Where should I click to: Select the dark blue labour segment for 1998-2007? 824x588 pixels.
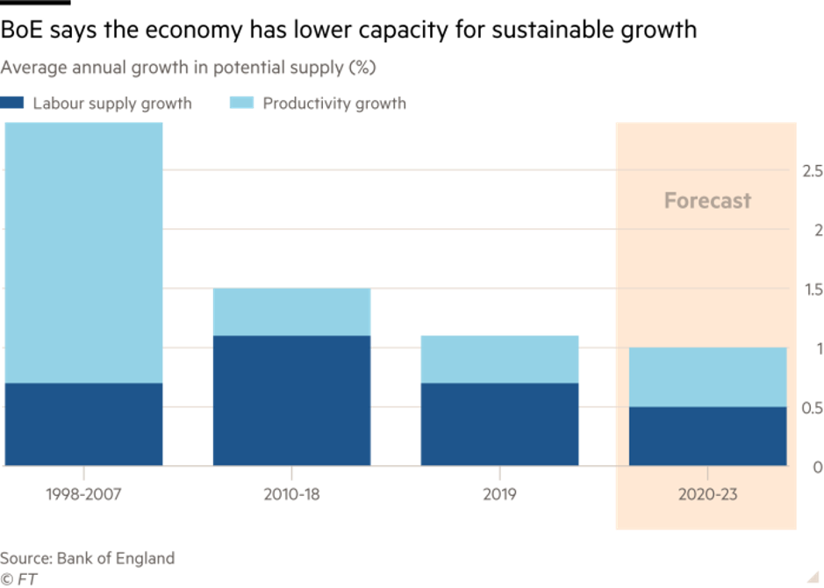tap(84, 424)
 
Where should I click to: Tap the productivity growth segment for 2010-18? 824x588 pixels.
tap(292, 312)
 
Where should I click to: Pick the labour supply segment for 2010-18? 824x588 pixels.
tap(292, 400)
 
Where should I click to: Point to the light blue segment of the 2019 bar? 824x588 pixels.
tap(500, 359)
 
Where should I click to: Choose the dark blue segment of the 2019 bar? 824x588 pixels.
tap(500, 424)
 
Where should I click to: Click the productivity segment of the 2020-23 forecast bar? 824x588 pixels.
tap(707, 377)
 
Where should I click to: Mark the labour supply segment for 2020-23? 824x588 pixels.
tap(707, 436)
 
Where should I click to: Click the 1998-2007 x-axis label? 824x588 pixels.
tap(82, 494)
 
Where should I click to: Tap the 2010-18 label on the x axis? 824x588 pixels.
tap(292, 494)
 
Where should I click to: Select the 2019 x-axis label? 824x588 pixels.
tap(499, 494)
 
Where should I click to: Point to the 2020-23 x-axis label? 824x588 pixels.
tap(707, 494)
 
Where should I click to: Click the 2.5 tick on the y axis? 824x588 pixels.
tap(812, 170)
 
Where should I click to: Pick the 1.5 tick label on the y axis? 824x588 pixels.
tap(812, 290)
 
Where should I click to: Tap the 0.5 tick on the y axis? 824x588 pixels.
tap(812, 408)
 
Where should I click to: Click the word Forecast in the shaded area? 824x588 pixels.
tap(707, 201)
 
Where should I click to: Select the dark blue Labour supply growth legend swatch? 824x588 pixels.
tap(13, 103)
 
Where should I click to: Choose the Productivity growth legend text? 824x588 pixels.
tap(334, 104)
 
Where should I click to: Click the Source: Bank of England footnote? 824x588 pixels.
tap(87, 558)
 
